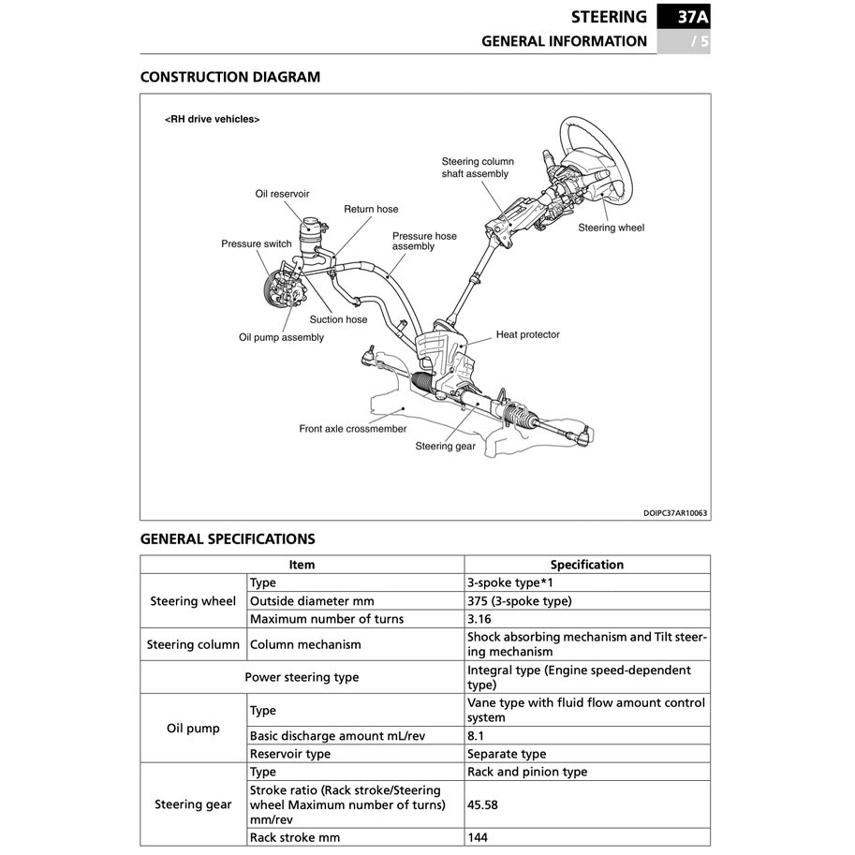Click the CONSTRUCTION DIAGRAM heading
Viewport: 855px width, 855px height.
tap(229, 77)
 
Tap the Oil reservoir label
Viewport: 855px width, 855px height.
tap(282, 194)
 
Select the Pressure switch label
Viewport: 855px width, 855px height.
tap(257, 244)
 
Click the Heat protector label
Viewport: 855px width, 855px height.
tap(527, 334)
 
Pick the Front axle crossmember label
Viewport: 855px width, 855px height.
tap(353, 429)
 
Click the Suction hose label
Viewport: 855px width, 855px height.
tap(338, 319)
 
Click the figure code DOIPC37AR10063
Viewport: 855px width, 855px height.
tap(675, 512)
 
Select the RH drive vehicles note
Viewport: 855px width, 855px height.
tap(212, 120)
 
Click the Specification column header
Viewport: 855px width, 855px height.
tap(586, 565)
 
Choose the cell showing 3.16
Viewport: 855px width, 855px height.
tap(479, 619)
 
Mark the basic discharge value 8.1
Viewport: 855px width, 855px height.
tap(475, 736)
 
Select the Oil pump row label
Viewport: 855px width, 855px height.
tap(193, 728)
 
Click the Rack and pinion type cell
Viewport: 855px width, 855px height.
tap(526, 772)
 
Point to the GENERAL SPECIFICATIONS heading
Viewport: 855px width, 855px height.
tap(228, 539)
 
